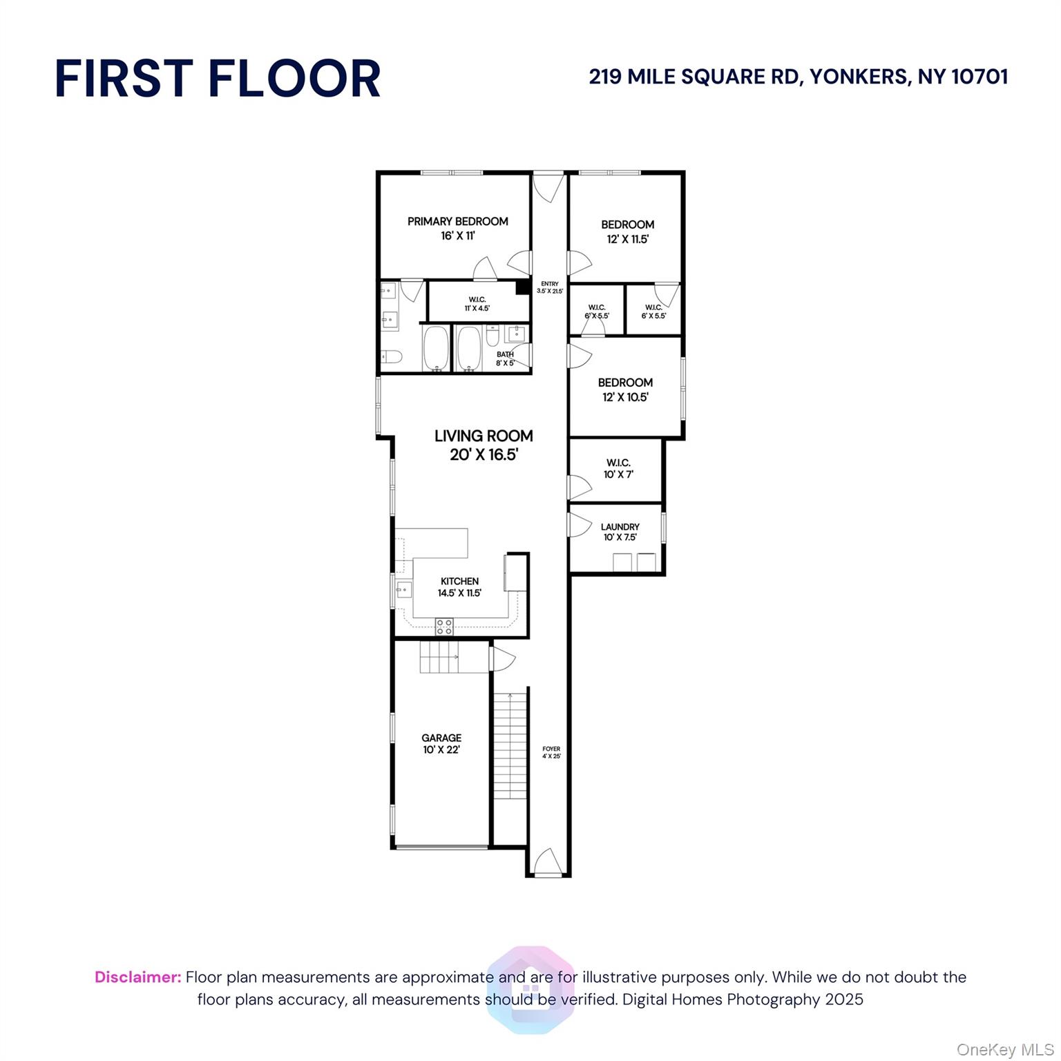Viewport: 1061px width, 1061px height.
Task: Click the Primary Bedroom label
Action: (457, 222)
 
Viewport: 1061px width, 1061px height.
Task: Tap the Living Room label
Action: (484, 436)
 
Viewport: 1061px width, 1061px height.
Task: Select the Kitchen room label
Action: (459, 582)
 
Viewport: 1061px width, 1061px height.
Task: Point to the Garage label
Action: (441, 738)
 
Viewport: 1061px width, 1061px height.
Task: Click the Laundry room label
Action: (620, 527)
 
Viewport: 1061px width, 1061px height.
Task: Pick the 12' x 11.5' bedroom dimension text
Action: (628, 240)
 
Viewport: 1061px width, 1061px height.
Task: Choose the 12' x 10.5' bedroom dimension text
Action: (625, 397)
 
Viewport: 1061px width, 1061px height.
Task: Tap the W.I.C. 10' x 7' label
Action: (618, 468)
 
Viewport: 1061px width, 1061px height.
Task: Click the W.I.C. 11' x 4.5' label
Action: (477, 304)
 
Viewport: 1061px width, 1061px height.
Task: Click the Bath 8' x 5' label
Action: (505, 359)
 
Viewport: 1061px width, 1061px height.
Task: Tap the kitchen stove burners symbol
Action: (444, 627)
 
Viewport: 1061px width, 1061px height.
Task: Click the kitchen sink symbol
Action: (404, 590)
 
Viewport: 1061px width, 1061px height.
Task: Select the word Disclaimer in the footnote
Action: (137, 977)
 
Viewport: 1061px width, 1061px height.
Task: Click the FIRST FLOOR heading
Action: (218, 78)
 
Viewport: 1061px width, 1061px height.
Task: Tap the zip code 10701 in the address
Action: (979, 77)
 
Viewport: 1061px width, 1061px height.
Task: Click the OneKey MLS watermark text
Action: (1004, 1050)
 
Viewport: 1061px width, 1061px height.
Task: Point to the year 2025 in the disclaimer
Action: (844, 1000)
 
